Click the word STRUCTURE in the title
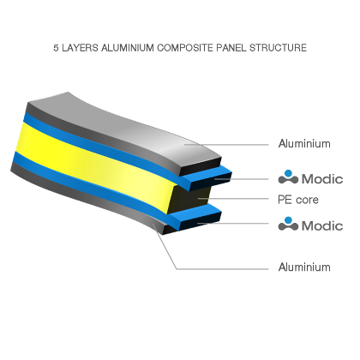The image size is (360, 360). (x=278, y=47)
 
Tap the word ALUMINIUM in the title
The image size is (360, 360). (x=128, y=47)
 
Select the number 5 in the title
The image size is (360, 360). (x=56, y=48)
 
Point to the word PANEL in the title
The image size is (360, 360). (x=231, y=47)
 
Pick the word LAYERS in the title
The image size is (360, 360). (x=80, y=47)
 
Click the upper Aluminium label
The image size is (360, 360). (x=304, y=143)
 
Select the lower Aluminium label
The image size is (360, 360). (x=304, y=267)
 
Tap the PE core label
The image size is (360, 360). (x=298, y=200)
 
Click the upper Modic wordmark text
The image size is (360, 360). (x=322, y=179)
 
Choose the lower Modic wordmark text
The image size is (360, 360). (x=322, y=225)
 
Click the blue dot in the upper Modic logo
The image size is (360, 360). (x=288, y=173)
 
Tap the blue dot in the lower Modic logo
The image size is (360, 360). (x=288, y=220)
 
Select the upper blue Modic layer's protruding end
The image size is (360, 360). (x=208, y=177)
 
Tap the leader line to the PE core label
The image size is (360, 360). (x=233, y=198)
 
